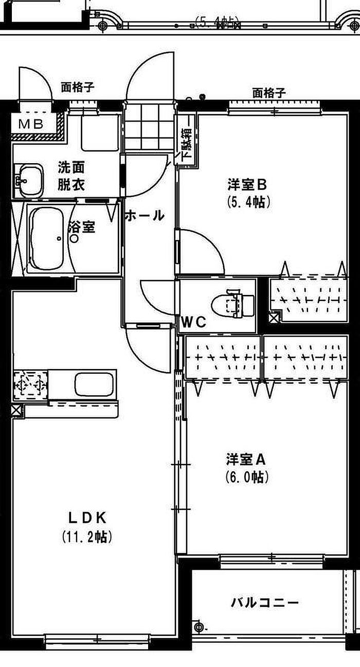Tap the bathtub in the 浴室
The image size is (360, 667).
pos(47,239)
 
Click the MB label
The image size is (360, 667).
pos(32,124)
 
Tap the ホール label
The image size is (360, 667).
pos(145,215)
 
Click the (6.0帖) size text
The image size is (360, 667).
pos(247,477)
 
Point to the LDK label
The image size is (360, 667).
pos(87,516)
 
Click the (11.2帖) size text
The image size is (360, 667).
pos(87,537)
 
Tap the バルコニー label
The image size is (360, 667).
pos(264,602)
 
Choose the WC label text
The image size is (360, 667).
pos(193,323)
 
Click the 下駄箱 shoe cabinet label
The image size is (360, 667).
pos(186,138)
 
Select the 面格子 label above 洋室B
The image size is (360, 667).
pos(268,93)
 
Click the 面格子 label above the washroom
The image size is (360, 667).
pos(78,87)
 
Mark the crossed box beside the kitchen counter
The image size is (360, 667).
pos(17,410)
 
